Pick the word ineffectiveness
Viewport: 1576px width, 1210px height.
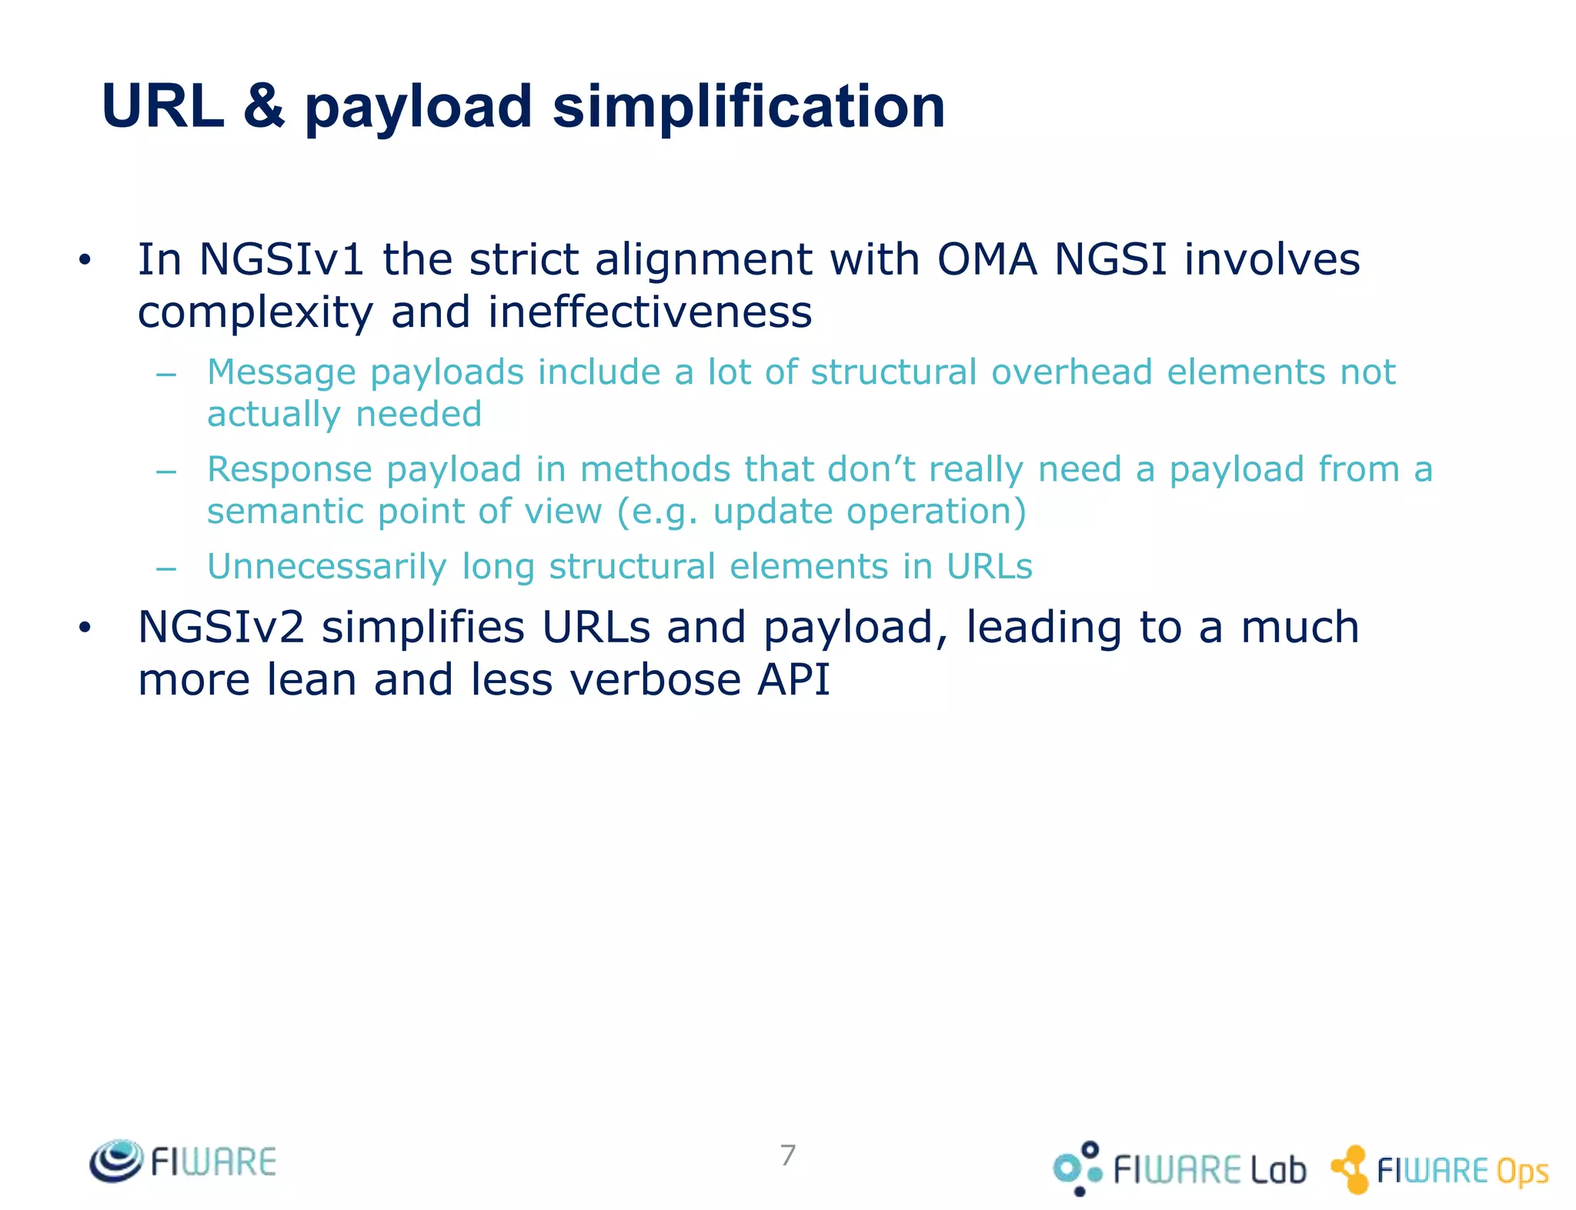[649, 312]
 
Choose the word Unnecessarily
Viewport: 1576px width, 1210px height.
[326, 567]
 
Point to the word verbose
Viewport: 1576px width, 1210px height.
[656, 680]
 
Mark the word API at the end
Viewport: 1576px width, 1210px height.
[793, 680]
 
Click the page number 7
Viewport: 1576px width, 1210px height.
[787, 1155]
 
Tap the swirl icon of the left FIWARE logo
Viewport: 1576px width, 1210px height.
[116, 1160]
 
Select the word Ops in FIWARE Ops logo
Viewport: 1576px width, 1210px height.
[1521, 1172]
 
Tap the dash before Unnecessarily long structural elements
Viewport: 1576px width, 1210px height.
[166, 569]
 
